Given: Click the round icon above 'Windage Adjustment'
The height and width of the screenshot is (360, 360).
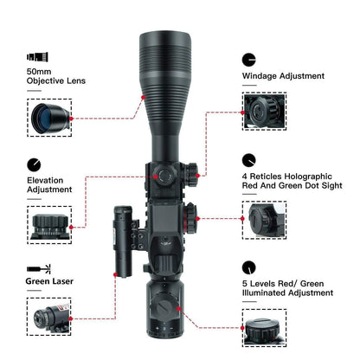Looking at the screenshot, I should click(x=249, y=59).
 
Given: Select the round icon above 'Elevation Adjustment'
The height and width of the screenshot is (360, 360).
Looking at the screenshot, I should click(x=34, y=164).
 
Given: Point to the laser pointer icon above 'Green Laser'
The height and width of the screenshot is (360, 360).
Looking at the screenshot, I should click(x=36, y=268).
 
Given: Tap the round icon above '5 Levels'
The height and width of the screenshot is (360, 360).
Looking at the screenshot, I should click(x=249, y=267).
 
